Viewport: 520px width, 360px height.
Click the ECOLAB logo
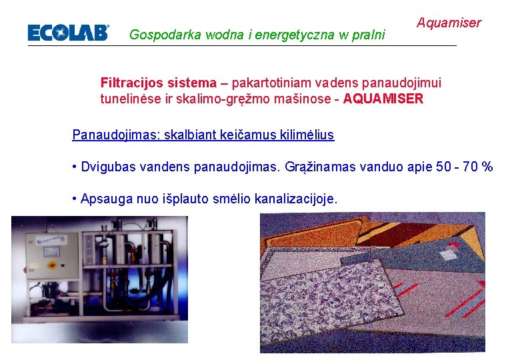[x=68, y=33]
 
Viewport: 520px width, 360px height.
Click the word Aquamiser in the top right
[x=449, y=23]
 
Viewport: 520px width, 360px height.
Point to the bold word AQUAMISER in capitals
[x=385, y=99]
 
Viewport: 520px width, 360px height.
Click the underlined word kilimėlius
[x=303, y=135]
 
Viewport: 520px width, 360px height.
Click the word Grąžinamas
[x=325, y=167]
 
